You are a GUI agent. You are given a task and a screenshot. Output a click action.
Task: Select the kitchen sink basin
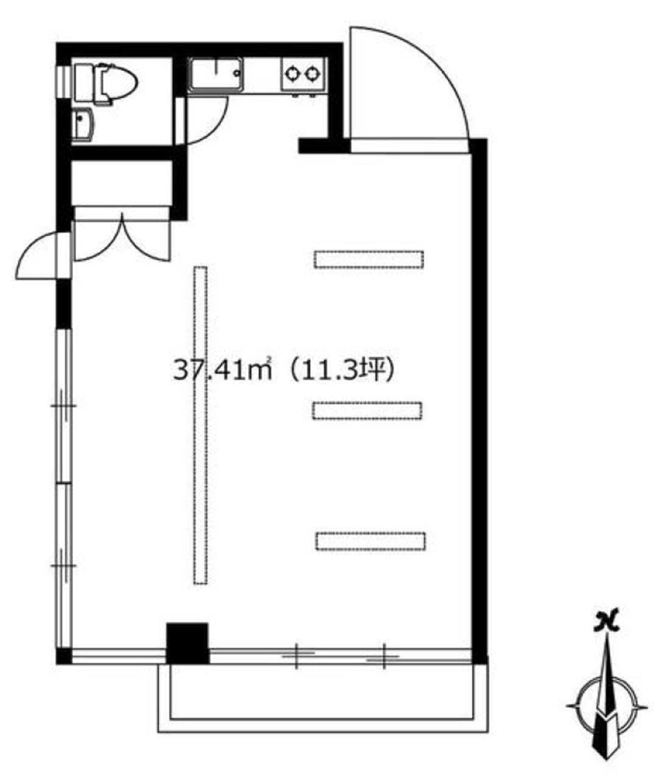(215, 74)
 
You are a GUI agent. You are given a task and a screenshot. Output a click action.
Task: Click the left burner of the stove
(291, 73)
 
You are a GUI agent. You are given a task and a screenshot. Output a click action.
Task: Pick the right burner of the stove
(312, 73)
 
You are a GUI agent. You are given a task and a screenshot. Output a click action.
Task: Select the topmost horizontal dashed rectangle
(369, 259)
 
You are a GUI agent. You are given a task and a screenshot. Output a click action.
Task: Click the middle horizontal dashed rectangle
(367, 411)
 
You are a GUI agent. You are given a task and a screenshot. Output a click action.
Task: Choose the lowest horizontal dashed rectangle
(370, 541)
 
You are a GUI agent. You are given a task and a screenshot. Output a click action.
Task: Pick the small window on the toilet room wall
(63, 83)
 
